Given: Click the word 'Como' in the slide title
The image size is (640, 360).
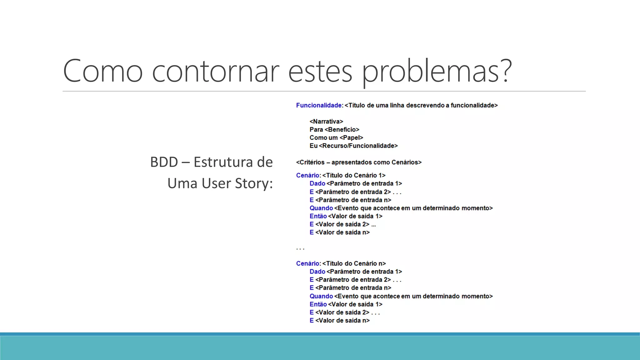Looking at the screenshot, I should point(103,71).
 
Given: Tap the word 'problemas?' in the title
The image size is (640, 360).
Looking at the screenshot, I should point(437,71).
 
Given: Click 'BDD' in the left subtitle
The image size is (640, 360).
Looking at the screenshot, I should point(164,162).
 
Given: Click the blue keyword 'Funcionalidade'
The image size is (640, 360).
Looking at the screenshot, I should point(319,105).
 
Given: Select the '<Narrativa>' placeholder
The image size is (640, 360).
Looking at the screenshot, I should point(326,122).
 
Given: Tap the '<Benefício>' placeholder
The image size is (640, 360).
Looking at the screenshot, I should point(342,130).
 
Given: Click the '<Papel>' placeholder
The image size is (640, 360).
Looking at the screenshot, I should point(351,138).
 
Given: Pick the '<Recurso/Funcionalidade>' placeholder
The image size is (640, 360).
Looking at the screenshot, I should point(358,146).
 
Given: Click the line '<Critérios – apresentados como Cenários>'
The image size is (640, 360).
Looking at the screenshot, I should point(359,162).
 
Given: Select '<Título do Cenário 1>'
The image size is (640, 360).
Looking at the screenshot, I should point(354,176).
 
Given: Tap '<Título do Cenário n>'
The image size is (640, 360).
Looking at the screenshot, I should point(354,264).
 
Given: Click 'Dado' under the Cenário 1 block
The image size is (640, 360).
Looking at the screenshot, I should point(317,184).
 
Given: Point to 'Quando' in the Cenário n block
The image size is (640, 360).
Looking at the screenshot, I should point(321,296).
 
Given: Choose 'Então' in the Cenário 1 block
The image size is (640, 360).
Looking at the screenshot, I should point(318,216).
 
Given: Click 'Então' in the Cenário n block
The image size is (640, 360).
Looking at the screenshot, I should point(318,304).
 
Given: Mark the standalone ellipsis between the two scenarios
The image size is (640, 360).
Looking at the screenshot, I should point(300,249).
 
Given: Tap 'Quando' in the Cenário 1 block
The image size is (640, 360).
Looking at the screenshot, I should point(321,208).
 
